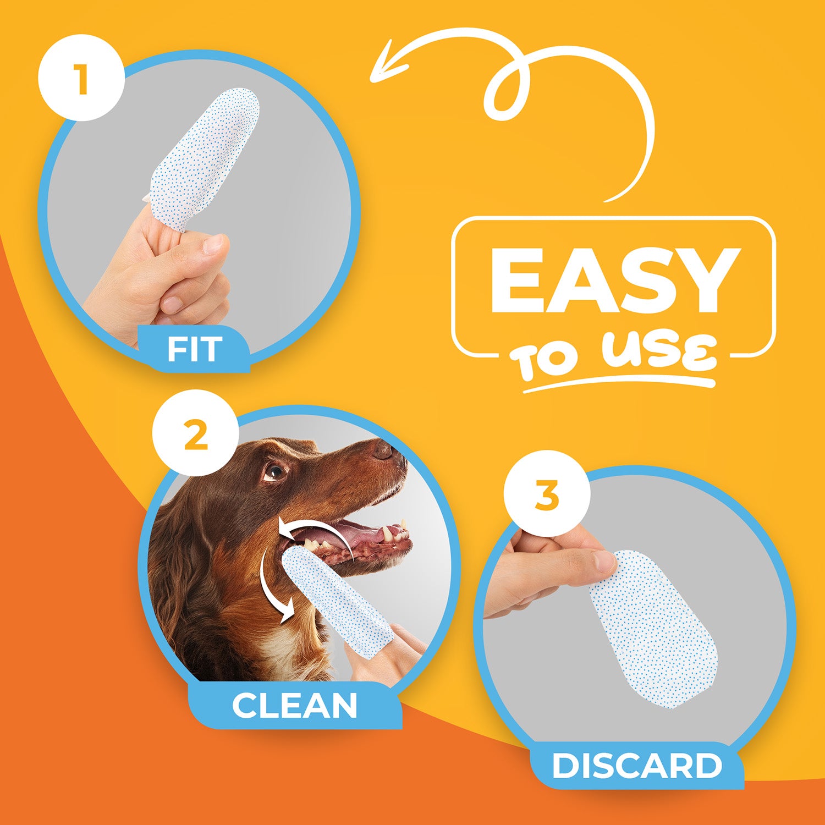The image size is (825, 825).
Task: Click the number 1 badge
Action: coord(81,79)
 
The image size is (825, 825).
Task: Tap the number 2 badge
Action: coord(196,433)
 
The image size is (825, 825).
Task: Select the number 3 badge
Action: coord(547,494)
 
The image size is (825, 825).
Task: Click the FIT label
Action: coord(194,349)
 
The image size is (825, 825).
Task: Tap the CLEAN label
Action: coord(295,705)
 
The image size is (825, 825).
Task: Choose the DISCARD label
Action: coord(637,766)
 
